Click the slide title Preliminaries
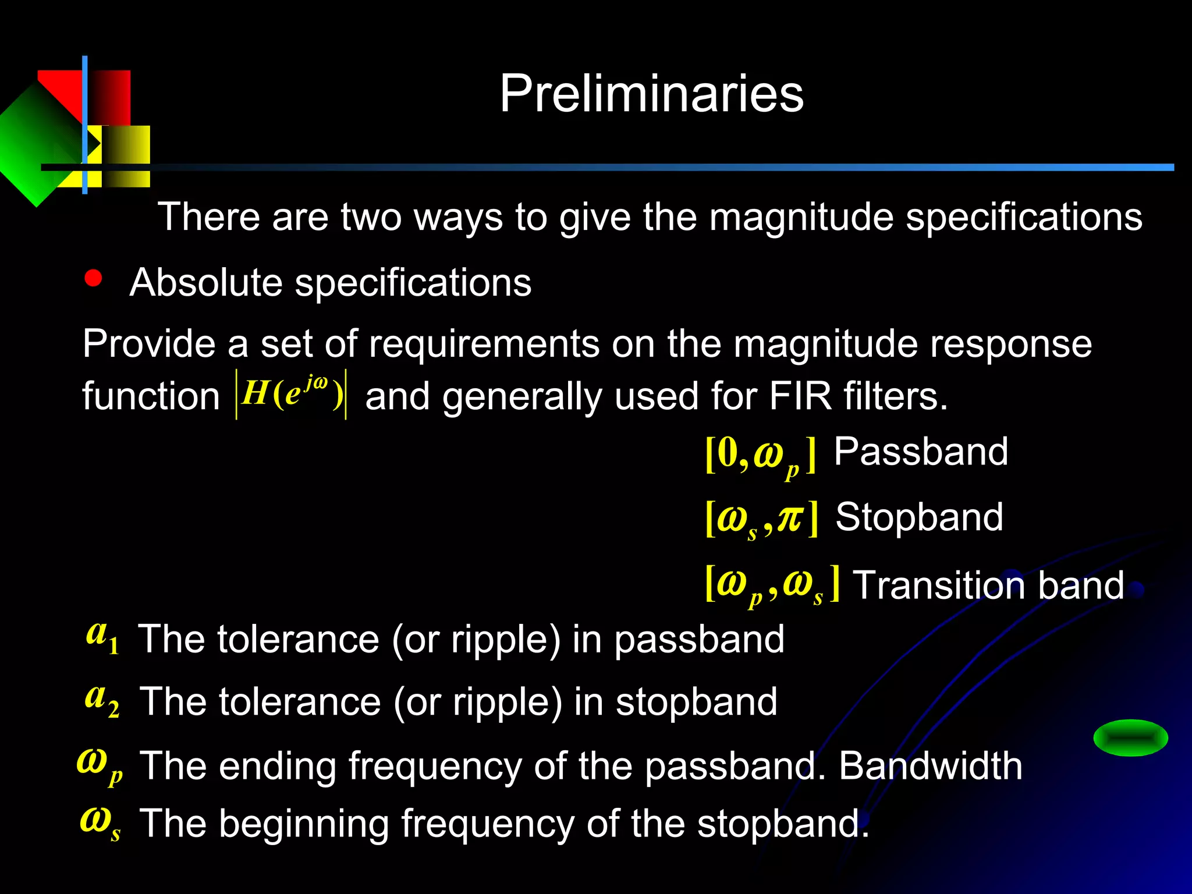pyautogui.click(x=651, y=94)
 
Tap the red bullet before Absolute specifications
pyautogui.click(x=93, y=278)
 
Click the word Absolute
pyautogui.click(x=206, y=283)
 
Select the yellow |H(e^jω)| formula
pyautogui.click(x=291, y=394)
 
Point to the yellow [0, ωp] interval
pyautogui.click(x=760, y=456)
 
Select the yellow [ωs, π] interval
pyautogui.click(x=761, y=519)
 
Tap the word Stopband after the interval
pyautogui.click(x=919, y=517)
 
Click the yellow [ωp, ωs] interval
pyautogui.click(x=772, y=585)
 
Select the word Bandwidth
pyautogui.click(x=930, y=766)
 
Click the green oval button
pyautogui.click(x=1130, y=738)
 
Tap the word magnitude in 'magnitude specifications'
pyautogui.click(x=801, y=217)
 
